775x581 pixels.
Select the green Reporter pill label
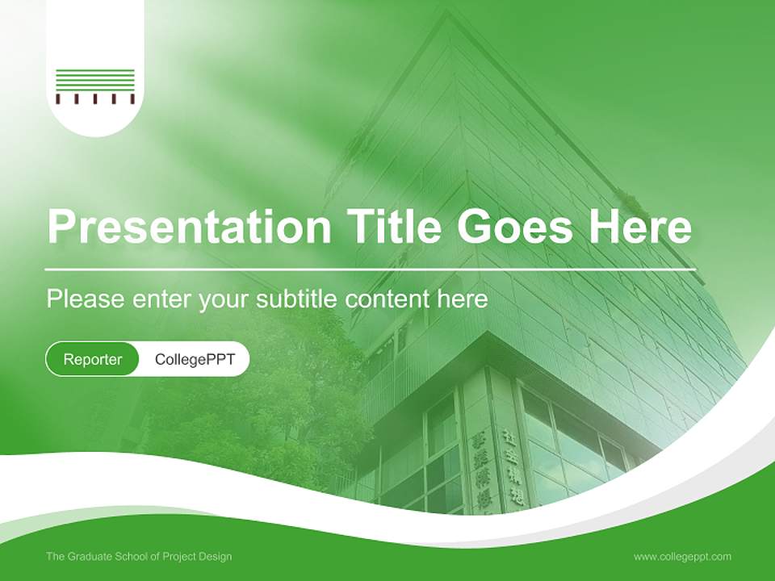(x=93, y=359)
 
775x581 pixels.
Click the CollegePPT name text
(x=195, y=359)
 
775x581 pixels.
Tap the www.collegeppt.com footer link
(x=682, y=557)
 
